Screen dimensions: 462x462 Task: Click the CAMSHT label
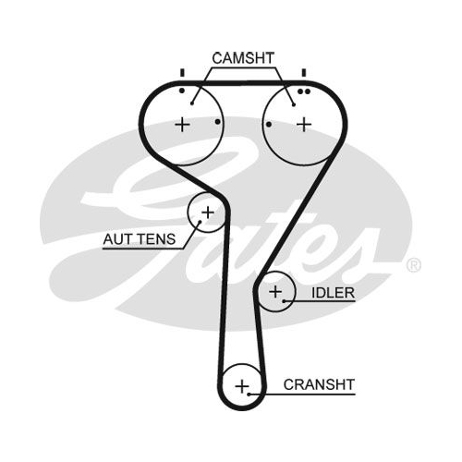click(x=243, y=58)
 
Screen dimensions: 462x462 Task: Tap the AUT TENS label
click(x=140, y=239)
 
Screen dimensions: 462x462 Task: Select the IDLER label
click(x=333, y=293)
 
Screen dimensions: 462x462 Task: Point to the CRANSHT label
click(x=319, y=384)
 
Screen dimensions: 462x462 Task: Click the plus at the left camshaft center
click(x=182, y=125)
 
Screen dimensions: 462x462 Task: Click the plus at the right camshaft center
click(x=304, y=125)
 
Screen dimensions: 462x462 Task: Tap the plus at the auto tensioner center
click(x=208, y=213)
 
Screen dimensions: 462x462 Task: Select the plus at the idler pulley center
click(x=275, y=291)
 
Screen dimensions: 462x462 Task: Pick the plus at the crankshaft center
click(x=242, y=386)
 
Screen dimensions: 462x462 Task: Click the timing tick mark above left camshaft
click(x=182, y=73)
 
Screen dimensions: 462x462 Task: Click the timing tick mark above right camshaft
click(x=304, y=73)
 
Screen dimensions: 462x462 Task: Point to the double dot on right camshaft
click(x=303, y=91)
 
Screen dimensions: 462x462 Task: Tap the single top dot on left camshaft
click(x=182, y=91)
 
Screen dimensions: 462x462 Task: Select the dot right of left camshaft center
click(x=218, y=122)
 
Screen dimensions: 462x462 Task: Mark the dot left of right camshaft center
click(x=269, y=125)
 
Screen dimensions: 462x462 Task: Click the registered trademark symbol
click(x=413, y=265)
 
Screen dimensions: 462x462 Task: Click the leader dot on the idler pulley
click(x=285, y=301)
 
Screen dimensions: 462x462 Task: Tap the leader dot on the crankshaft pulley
click(x=249, y=394)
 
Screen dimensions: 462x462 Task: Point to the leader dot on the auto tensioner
click(x=200, y=222)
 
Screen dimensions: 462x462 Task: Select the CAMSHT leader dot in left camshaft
click(x=192, y=103)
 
